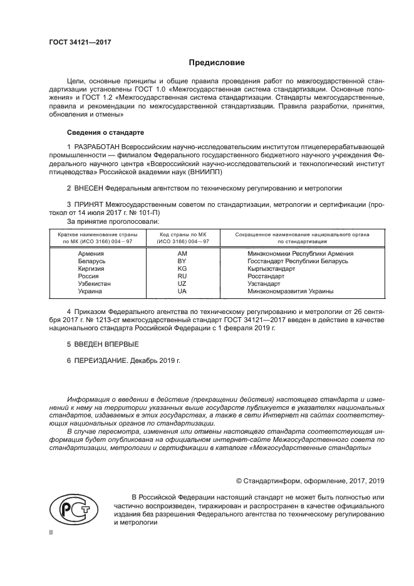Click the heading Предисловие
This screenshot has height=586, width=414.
(217, 63)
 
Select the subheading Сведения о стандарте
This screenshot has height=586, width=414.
(105, 133)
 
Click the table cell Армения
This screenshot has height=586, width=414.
(91, 253)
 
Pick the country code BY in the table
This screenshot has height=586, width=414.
(182, 261)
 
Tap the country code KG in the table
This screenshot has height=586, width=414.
(182, 268)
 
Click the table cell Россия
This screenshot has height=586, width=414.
(88, 276)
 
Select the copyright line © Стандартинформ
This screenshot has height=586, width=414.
(309, 481)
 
